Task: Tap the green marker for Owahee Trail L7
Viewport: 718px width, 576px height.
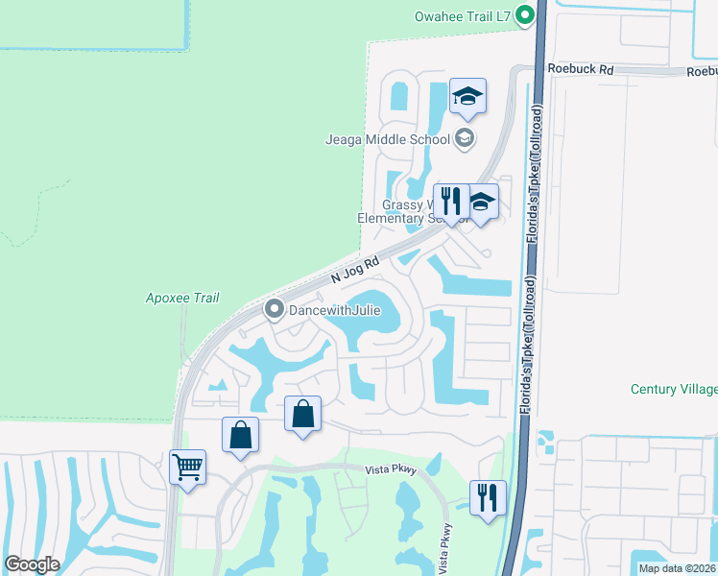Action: coord(524,15)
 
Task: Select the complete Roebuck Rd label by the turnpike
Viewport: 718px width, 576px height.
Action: coord(580,69)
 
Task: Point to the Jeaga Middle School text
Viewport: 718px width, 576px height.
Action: coord(389,139)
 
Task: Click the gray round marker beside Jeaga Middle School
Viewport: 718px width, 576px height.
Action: coord(465,139)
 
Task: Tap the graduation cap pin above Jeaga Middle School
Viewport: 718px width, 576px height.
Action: coord(467,96)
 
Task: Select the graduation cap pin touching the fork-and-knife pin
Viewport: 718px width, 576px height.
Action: coord(482,202)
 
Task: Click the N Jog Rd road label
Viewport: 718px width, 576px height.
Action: coord(355,268)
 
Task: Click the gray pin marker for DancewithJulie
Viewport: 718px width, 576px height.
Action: coord(274,309)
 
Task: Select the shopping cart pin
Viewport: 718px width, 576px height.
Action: coord(187,468)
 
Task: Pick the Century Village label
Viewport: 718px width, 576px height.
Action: coord(674,389)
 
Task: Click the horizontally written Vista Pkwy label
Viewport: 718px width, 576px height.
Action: coord(389,470)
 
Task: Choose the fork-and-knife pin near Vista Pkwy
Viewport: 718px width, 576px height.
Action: coord(488,497)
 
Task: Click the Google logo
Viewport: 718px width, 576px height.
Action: coord(32,564)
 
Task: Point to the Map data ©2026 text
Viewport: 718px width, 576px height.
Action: coord(678,568)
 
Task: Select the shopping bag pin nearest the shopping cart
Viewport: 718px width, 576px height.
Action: coord(240,435)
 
